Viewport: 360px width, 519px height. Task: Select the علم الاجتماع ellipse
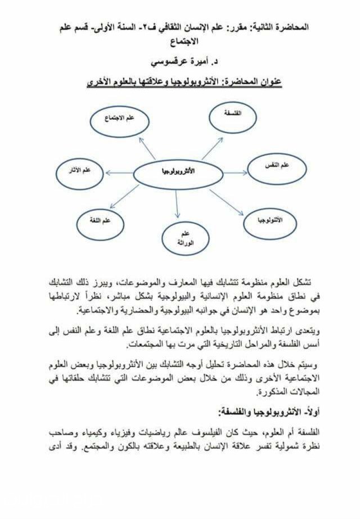click(x=119, y=121)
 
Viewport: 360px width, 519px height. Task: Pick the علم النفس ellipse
click(x=277, y=166)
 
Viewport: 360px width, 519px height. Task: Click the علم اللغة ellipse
click(x=101, y=222)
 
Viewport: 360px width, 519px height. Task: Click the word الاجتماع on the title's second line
click(x=181, y=42)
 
